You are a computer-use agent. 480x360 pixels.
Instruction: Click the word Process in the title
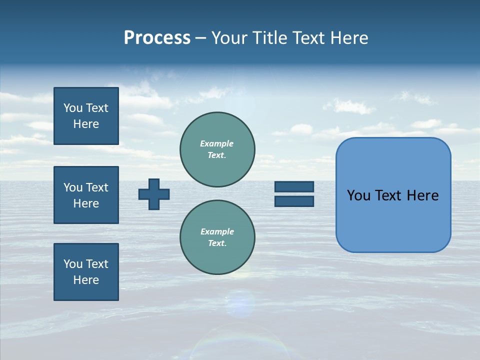pos(157,38)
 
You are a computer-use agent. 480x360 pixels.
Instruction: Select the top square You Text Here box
pos(86,116)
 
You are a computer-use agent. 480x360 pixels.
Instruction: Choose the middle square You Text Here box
pos(86,195)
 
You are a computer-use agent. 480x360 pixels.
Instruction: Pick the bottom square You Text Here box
pos(86,272)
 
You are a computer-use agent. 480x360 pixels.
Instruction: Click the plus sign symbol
pos(154,194)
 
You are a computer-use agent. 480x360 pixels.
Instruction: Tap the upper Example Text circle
pos(217,149)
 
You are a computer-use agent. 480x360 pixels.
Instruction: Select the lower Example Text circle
pos(217,237)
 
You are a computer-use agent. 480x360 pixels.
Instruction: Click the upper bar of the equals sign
pos(294,186)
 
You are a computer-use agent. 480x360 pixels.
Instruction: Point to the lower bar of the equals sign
pos(294,201)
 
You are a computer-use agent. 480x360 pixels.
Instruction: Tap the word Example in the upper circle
pos(217,143)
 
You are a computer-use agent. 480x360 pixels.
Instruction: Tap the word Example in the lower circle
pos(217,231)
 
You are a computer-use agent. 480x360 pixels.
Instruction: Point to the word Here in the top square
pos(86,124)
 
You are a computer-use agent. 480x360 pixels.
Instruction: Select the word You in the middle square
pos(72,187)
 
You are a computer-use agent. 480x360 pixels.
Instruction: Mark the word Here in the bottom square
pos(86,280)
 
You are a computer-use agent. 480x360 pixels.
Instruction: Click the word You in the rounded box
pos(358,195)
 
